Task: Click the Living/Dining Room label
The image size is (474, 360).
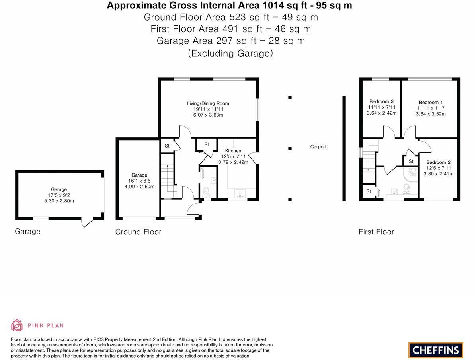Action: [208, 103]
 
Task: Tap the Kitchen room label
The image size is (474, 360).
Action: [233, 151]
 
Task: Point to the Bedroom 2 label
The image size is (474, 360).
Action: [438, 162]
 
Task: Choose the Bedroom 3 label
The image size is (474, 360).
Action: [381, 101]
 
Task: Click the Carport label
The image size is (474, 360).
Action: [318, 147]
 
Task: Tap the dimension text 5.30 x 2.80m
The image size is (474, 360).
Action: [59, 201]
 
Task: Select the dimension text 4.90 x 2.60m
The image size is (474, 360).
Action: [139, 187]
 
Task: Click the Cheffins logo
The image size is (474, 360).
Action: [435, 350]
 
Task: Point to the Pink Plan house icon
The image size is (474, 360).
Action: [17, 325]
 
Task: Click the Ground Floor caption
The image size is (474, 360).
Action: [138, 232]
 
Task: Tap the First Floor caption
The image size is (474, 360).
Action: [376, 232]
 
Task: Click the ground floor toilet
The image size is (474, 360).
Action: [206, 193]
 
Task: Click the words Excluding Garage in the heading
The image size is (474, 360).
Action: [230, 53]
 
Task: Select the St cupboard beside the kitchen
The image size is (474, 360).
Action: [206, 145]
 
